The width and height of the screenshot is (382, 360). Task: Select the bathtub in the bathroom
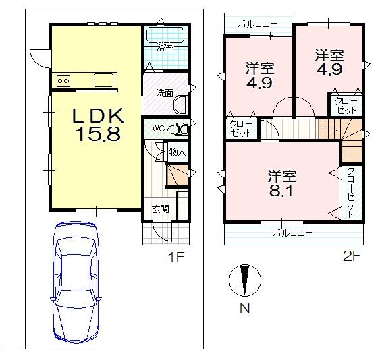pyautogui.click(x=166, y=34)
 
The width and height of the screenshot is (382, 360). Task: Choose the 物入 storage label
pyautogui.click(x=177, y=152)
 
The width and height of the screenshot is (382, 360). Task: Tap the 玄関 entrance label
pyautogui.click(x=160, y=209)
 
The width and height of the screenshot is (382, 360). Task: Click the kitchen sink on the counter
pyautogui.click(x=105, y=80)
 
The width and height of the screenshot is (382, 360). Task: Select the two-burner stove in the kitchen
pyautogui.click(x=64, y=80)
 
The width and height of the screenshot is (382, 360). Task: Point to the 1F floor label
pyautogui.click(x=175, y=256)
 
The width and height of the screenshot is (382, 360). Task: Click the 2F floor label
pyautogui.click(x=352, y=256)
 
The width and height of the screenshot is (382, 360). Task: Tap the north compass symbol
pyautogui.click(x=244, y=282)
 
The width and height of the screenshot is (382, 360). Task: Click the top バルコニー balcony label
pyautogui.click(x=257, y=24)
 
